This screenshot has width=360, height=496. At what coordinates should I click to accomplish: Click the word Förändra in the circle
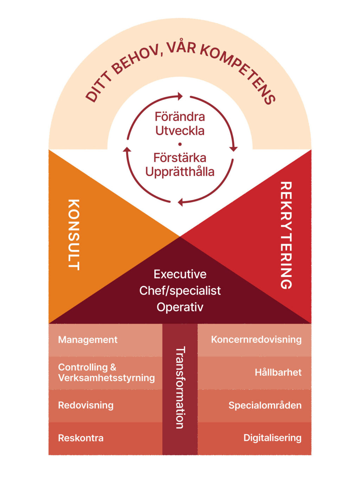pos(180,117)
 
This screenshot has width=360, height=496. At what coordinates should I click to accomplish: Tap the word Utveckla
pos(180,131)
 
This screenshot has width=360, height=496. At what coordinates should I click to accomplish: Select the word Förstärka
pos(180,157)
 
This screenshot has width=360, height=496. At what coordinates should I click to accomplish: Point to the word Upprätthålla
pos(180,172)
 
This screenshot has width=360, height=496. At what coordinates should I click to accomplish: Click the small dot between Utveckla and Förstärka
pos(180,144)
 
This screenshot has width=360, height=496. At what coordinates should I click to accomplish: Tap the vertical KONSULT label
pos(73,234)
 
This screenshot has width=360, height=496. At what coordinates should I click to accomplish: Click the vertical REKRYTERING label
pos(286,235)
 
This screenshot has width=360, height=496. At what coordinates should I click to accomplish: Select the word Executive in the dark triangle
pos(180,274)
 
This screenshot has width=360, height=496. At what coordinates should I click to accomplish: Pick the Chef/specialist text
pos(180,291)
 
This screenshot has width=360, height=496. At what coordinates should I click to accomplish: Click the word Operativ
pos(180,307)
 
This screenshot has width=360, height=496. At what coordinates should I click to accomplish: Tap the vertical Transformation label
pos(180,387)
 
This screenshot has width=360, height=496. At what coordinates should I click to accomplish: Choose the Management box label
pos(88,340)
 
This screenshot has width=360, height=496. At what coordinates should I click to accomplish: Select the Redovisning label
pos(85,405)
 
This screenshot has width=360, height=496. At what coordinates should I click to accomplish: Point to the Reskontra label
pos(81,438)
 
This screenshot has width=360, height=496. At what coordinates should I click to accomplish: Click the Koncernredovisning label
pos(256,340)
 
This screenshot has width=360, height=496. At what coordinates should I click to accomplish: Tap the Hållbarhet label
pos(278,372)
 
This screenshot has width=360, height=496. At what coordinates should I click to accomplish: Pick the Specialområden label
pos(265,405)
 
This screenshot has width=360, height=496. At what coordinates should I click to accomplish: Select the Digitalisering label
pos(272,438)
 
